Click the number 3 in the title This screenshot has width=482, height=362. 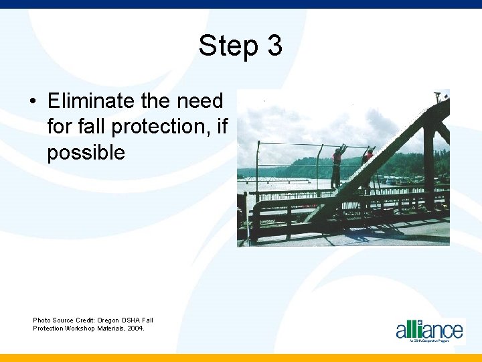(x=274, y=46)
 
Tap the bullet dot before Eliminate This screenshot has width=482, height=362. (x=33, y=102)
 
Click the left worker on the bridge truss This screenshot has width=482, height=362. (x=337, y=167)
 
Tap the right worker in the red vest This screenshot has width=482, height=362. (x=368, y=160)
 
